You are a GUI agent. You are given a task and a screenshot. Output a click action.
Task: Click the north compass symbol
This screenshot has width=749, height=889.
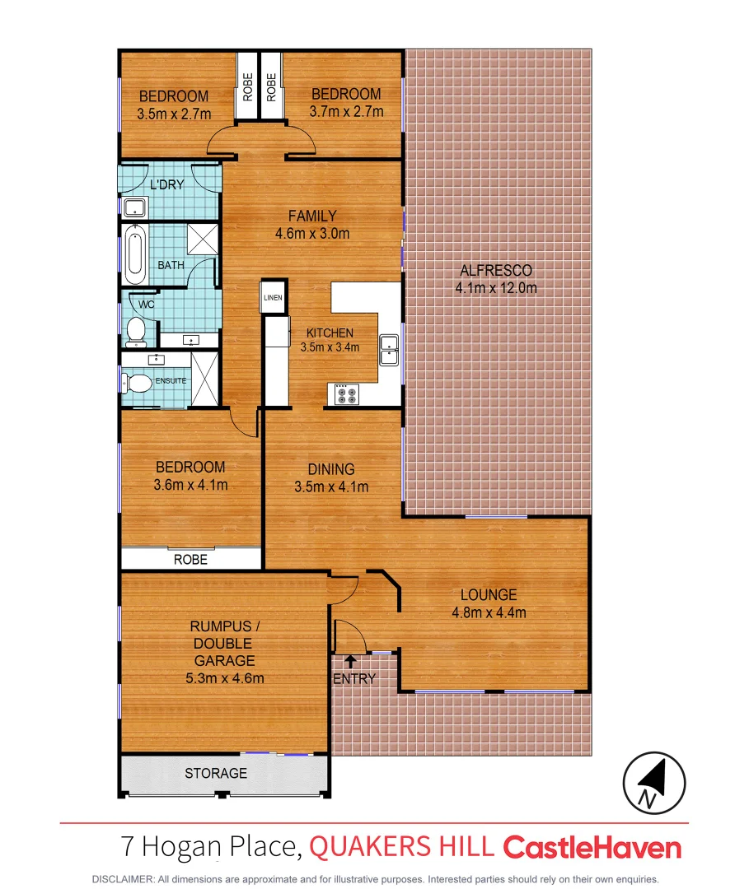[653, 782]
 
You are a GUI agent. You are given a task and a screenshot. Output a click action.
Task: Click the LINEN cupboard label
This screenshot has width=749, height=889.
[273, 298]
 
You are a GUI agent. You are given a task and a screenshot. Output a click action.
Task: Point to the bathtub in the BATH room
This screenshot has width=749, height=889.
[134, 250]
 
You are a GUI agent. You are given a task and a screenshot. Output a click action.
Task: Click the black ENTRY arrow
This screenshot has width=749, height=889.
[350, 660]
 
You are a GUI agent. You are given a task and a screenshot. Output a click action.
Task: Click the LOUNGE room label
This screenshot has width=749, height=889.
[489, 594]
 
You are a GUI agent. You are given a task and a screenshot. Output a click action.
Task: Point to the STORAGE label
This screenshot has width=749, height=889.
[216, 773]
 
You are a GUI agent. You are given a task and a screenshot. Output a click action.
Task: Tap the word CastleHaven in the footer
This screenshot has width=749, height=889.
[592, 848]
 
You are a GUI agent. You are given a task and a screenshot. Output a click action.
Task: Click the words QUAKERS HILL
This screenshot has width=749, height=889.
[402, 847]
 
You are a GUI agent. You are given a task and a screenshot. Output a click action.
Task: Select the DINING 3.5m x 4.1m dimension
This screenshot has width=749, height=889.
[331, 486]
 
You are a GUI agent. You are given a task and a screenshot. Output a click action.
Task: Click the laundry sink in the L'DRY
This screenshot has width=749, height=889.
[133, 207]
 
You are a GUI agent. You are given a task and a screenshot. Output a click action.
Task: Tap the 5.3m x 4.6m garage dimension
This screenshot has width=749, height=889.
[224, 678]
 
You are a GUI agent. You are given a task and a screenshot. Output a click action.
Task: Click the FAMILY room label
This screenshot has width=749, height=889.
[312, 216]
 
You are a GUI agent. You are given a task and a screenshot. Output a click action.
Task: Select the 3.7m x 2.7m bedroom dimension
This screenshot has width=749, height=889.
[345, 111]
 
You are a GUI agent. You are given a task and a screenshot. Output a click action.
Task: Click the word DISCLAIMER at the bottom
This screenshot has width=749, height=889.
[123, 878]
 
